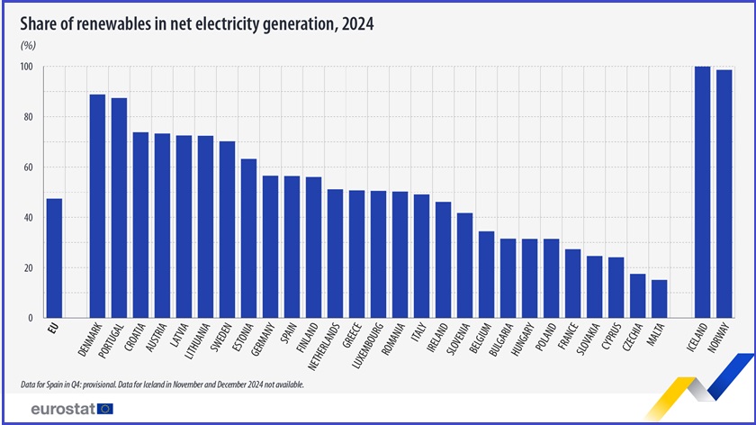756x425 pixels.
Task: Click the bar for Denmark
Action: click(x=97, y=206)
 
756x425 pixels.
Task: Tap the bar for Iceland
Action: click(x=702, y=193)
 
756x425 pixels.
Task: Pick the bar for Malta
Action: click(x=659, y=299)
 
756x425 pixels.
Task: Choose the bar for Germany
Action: click(x=270, y=247)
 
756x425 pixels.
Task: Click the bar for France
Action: click(x=572, y=284)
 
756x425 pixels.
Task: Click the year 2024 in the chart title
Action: click(x=355, y=24)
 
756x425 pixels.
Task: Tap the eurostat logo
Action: click(x=71, y=409)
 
